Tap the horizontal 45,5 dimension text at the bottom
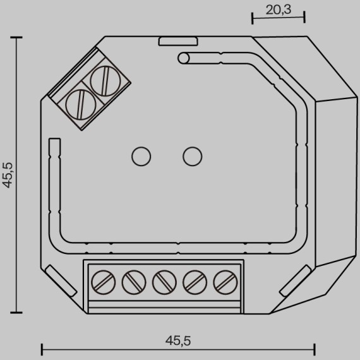point(178,340)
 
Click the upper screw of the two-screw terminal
point(102,81)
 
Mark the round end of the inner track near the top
point(184,59)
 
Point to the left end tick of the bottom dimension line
point(42,349)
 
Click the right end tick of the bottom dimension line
point(315,349)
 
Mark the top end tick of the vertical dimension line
point(16,38)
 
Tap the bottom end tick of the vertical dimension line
point(16,311)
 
